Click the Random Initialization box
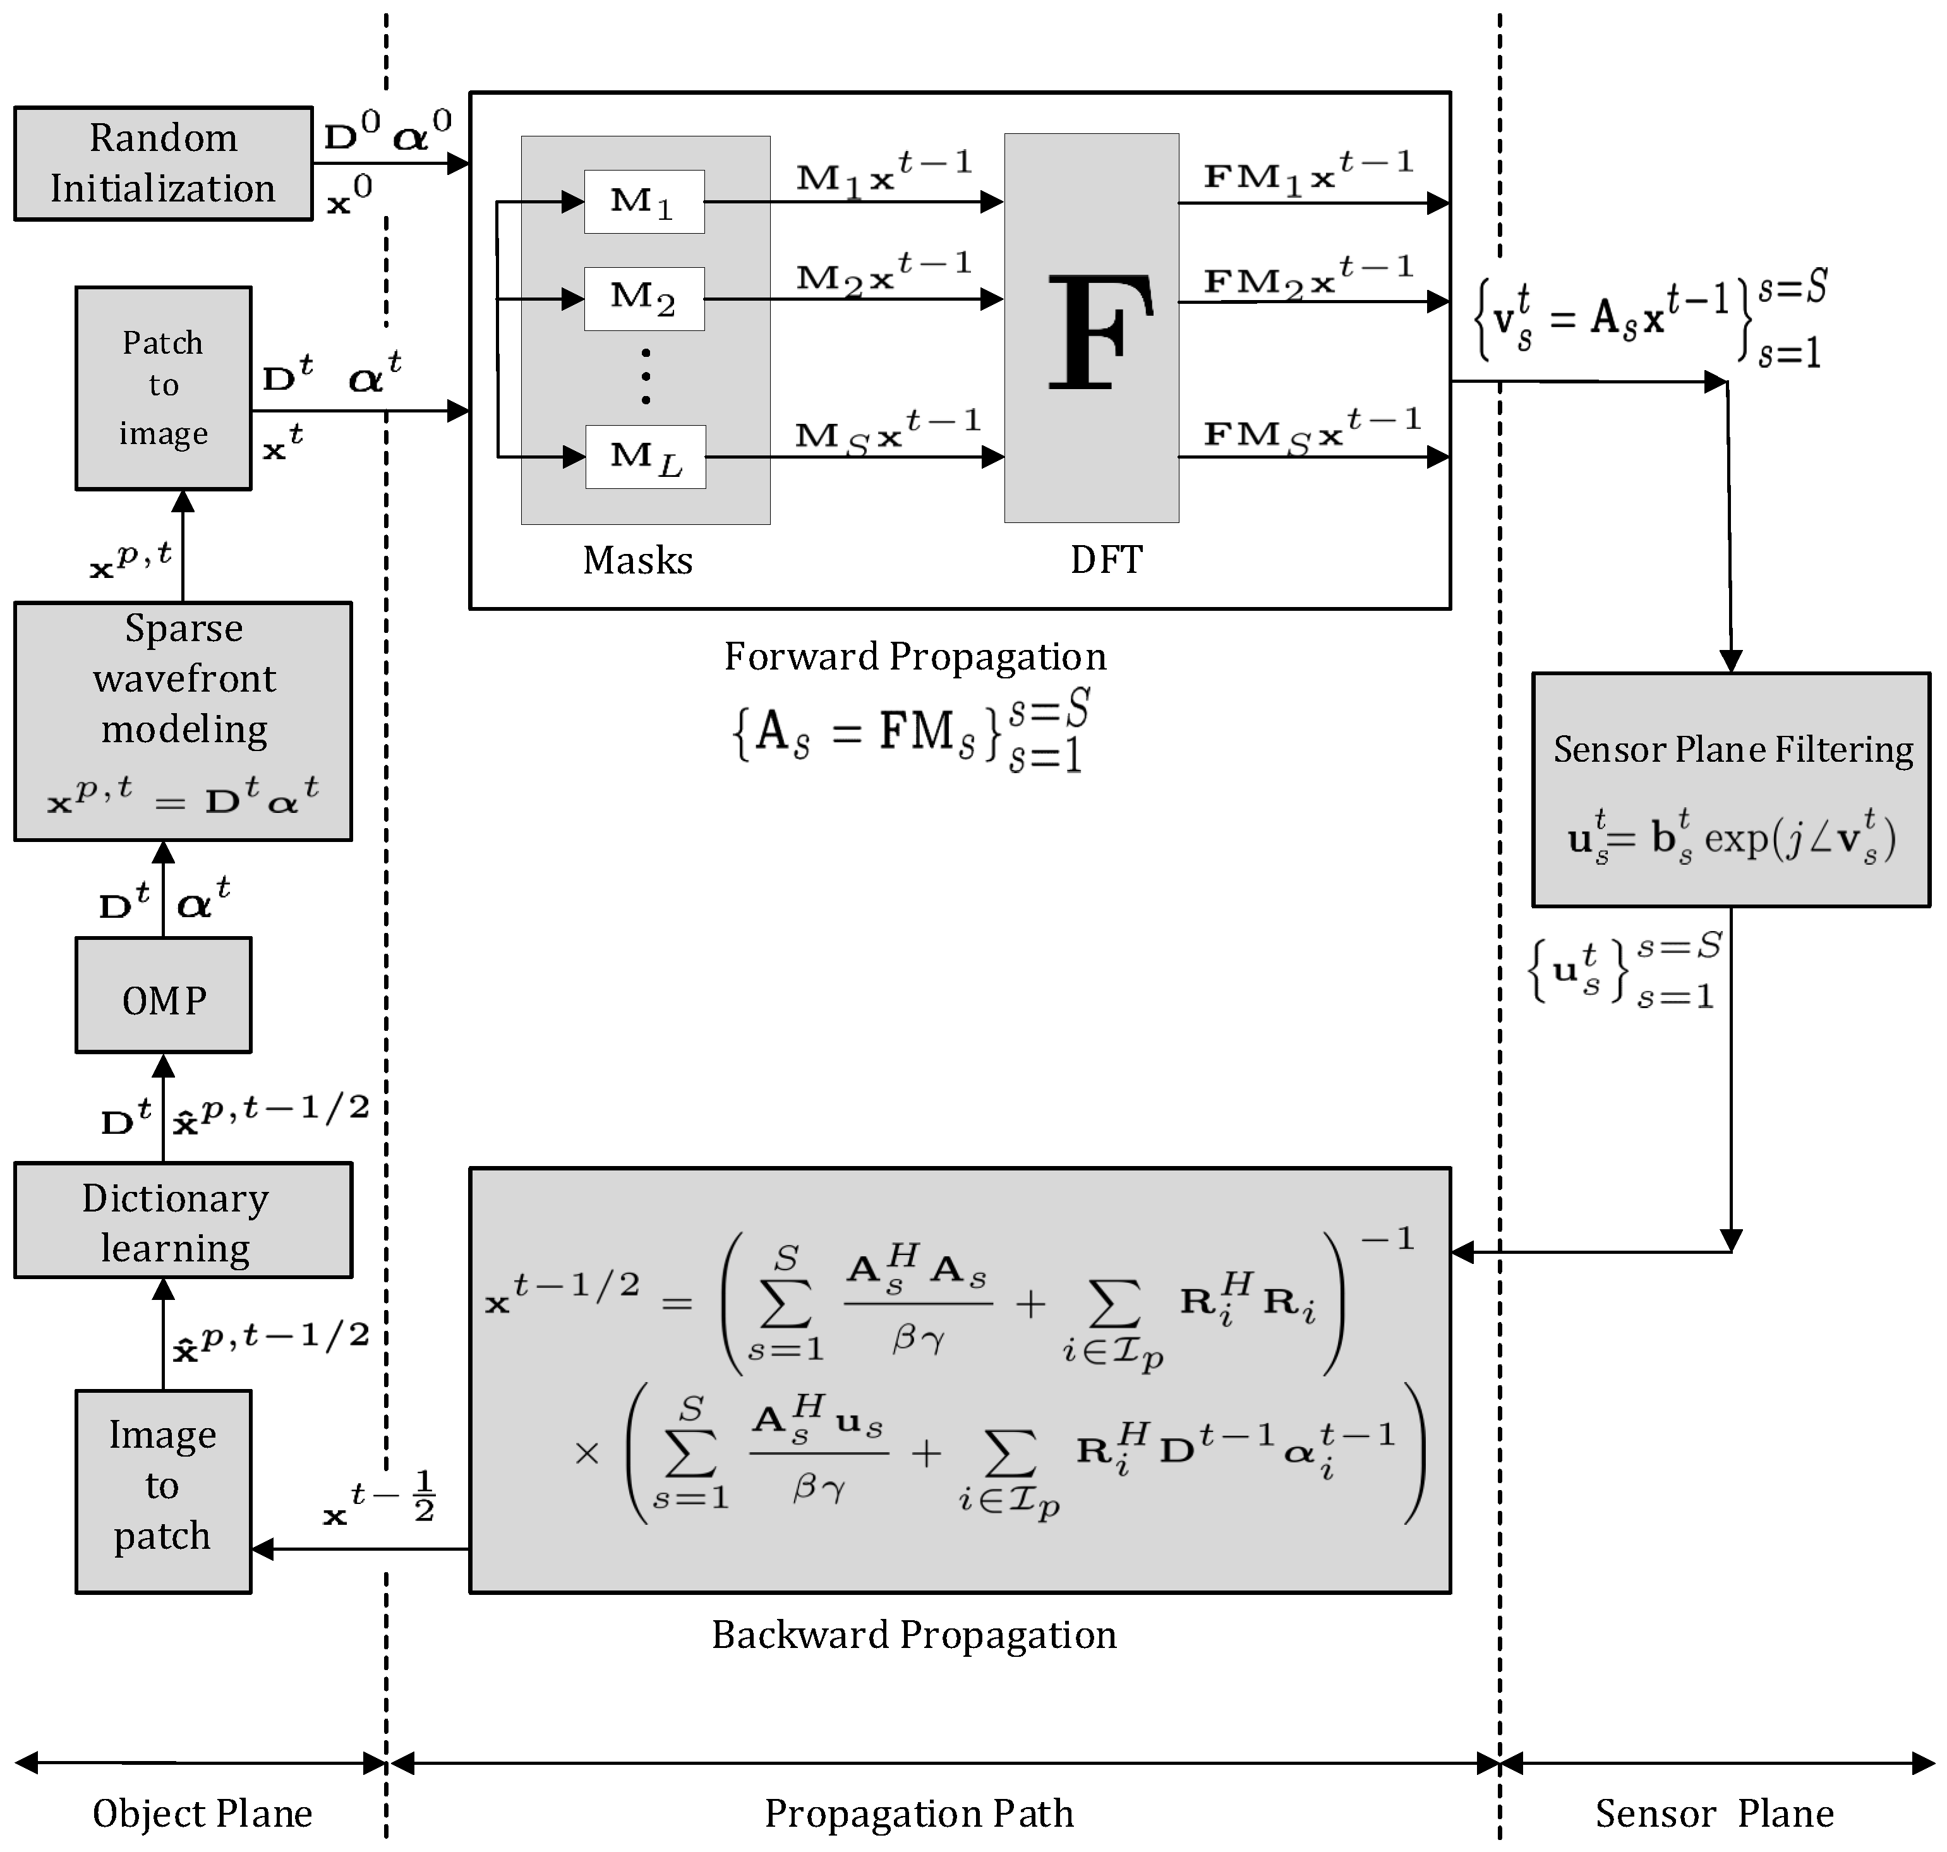pyautogui.click(x=163, y=163)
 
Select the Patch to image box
pyautogui.click(x=163, y=388)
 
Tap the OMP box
pyautogui.click(x=163, y=995)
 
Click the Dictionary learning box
pyautogui.click(x=183, y=1220)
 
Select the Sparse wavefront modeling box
pyautogui.click(x=183, y=721)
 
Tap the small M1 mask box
pyautogui.click(x=644, y=201)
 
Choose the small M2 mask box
pyautogui.click(x=644, y=298)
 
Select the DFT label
pyautogui.click(x=1106, y=560)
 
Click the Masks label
pyautogui.click(x=638, y=560)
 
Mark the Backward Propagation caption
pyautogui.click(x=914, y=1635)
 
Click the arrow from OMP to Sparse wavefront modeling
pyautogui.click(x=164, y=889)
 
